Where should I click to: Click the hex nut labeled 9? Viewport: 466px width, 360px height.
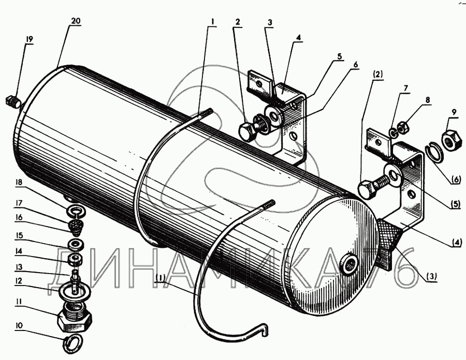(449, 139)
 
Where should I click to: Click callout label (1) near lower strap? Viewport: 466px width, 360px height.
(160, 278)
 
